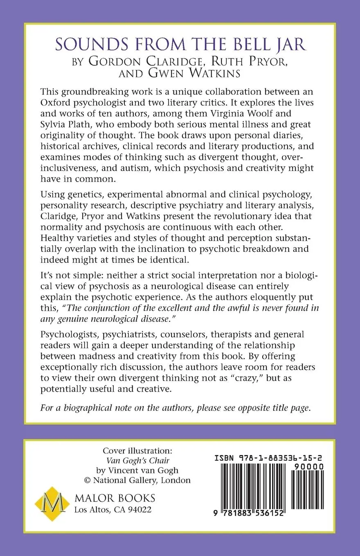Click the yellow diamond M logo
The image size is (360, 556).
[51, 503]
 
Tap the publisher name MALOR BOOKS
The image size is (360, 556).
[115, 498]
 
